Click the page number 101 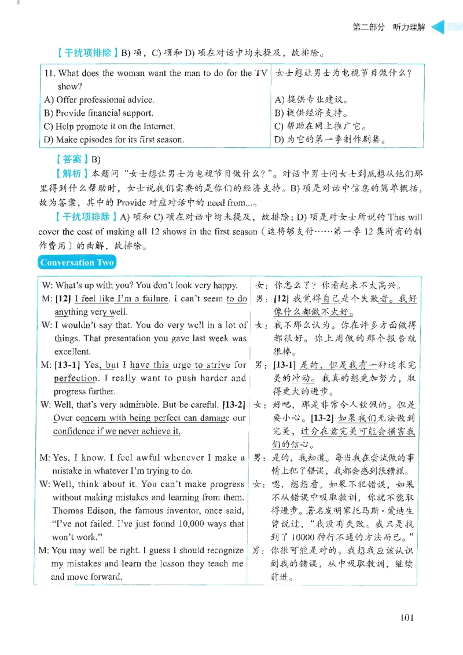point(406,617)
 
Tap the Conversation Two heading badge point(77,262)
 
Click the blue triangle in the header point(438,27)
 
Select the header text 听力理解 point(409,27)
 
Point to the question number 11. point(50,73)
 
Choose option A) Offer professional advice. point(99,100)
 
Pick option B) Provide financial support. point(98,113)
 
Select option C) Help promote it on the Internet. point(109,126)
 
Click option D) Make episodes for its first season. point(114,140)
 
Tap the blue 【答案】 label point(72,159)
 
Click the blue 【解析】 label point(72,173)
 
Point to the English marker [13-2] point(234,405)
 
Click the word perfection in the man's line point(76,378)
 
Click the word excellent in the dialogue point(72,352)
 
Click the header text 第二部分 point(369,27)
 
